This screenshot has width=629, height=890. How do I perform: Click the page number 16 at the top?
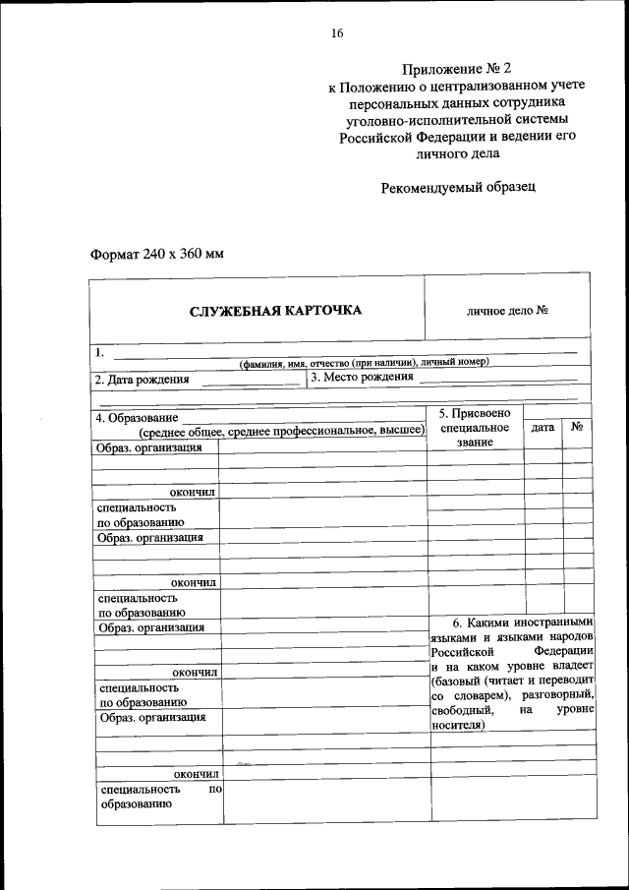(x=337, y=33)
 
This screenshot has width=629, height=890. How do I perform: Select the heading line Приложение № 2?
(x=458, y=68)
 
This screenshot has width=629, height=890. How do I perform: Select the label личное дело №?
(x=507, y=311)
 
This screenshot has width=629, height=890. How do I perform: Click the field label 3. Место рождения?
(x=362, y=378)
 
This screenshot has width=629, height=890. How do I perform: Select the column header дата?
(x=542, y=428)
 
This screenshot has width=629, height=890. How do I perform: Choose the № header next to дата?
(x=579, y=428)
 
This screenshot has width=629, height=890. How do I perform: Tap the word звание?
(x=474, y=443)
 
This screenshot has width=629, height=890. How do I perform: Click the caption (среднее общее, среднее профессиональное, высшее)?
(x=281, y=432)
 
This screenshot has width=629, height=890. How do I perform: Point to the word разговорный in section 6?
(x=558, y=694)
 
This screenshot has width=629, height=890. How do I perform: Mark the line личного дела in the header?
(x=458, y=153)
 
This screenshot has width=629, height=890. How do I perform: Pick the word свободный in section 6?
(x=463, y=710)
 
